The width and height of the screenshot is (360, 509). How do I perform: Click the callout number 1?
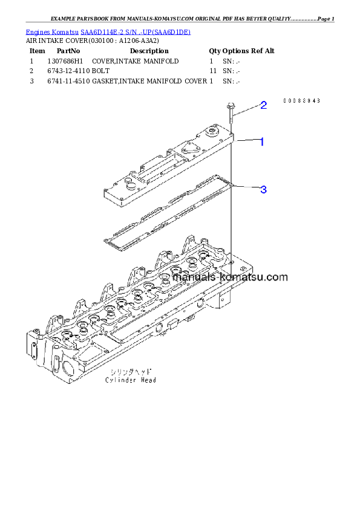point(261,142)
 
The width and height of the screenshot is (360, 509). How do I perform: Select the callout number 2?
point(263,106)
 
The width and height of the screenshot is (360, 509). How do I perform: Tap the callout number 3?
point(263,190)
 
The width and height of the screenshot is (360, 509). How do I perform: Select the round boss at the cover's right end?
point(212,132)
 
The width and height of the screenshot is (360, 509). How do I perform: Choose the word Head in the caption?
point(149,380)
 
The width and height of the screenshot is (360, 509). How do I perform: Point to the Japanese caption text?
point(130,372)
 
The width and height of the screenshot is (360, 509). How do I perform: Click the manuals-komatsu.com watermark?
point(230,277)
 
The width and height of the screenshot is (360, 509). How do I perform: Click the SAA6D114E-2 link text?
point(103,31)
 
